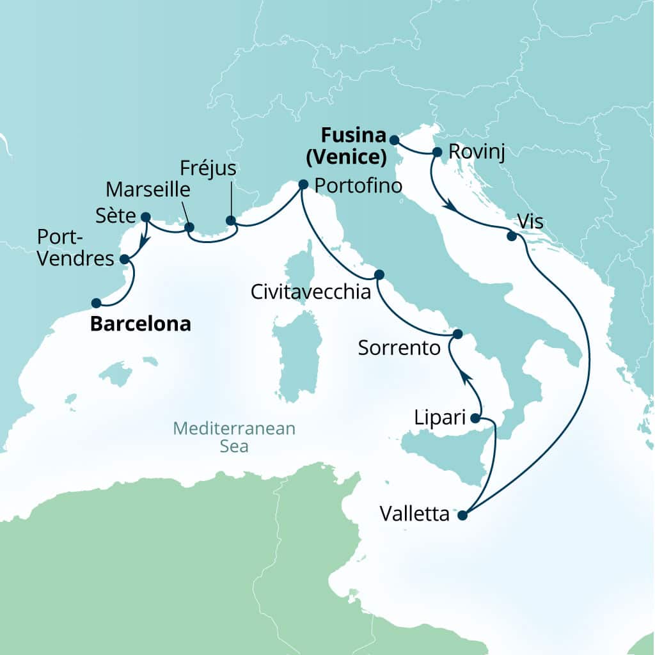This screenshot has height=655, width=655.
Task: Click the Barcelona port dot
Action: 96,303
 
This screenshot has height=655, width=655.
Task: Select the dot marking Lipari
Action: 475,419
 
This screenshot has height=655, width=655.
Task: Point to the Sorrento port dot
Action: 457,335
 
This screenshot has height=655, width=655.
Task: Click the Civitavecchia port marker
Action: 379,274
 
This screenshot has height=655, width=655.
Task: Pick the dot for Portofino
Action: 303,185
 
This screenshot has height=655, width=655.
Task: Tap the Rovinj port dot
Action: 438,152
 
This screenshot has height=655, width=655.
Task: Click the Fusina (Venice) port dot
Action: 394,140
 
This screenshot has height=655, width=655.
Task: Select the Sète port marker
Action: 145,217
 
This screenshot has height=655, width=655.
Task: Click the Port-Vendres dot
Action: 124,260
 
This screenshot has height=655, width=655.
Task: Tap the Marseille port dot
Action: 189,227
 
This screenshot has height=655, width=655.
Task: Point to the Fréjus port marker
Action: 231,221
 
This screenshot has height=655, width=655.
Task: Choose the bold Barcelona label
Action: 140,324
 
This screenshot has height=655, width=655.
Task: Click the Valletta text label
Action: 414,514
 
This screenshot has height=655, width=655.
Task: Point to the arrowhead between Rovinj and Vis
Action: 450,207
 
